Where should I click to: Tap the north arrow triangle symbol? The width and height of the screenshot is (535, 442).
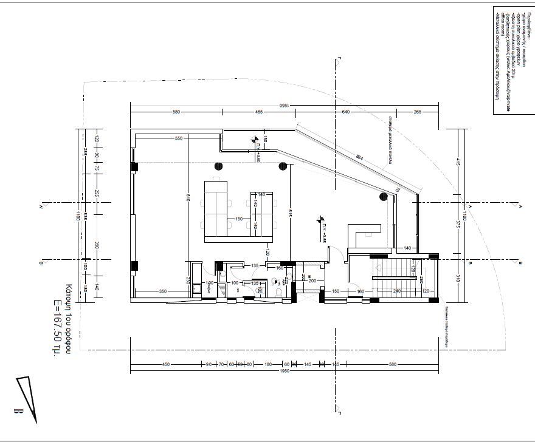[28, 398]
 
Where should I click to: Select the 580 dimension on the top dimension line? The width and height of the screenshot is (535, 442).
[176, 112]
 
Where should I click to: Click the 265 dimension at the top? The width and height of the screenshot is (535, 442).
[418, 112]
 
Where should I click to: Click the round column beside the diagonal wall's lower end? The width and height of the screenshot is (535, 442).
[384, 196]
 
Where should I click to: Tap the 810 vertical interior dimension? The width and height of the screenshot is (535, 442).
[189, 197]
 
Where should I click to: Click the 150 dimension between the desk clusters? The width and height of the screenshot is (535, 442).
[240, 219]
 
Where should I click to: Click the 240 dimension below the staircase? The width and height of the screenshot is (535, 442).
[397, 291]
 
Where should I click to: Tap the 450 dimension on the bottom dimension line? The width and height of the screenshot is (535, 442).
[165, 364]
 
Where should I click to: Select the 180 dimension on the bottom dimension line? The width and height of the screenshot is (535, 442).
[267, 364]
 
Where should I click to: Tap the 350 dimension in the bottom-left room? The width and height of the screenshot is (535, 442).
[163, 291]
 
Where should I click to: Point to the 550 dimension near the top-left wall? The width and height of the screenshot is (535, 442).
[179, 138]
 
